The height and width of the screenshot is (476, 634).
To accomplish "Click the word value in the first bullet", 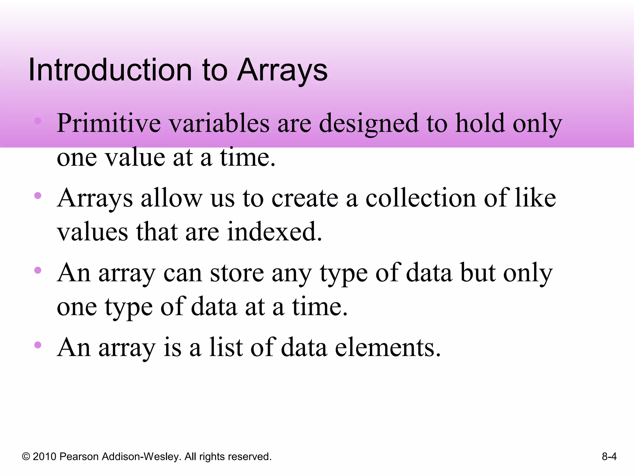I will point(135,157).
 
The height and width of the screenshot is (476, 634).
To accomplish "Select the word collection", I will point(420,198).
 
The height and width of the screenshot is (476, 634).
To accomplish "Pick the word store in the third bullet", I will point(237,273).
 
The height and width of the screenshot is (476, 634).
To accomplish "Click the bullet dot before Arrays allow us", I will point(38,196).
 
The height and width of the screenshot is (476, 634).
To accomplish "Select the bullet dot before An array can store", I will point(38,270).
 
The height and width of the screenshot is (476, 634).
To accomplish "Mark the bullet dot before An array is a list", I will point(38,345).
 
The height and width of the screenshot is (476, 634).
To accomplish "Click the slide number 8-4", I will point(609,456).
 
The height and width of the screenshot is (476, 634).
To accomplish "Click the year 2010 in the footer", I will point(44,456).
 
